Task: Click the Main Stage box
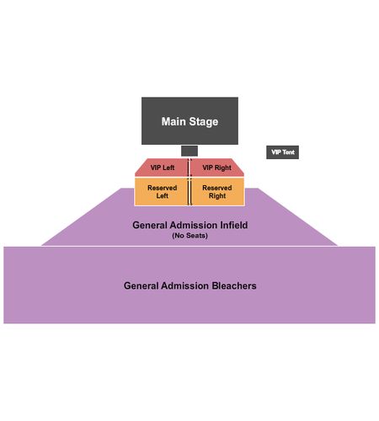pyautogui.click(x=189, y=120)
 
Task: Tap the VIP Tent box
pyautogui.click(x=282, y=152)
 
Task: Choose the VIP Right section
pyautogui.click(x=217, y=168)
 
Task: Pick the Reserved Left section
pyautogui.click(x=161, y=192)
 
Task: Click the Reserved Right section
pyautogui.click(x=218, y=192)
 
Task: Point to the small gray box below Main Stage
pyautogui.click(x=189, y=151)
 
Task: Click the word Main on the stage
pyautogui.click(x=173, y=121)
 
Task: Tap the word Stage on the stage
pyautogui.click(x=204, y=122)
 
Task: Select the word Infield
pyautogui.click(x=234, y=225)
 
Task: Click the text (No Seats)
pyautogui.click(x=190, y=236)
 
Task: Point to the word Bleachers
pyautogui.click(x=234, y=285)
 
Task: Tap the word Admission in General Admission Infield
pyautogui.click(x=194, y=225)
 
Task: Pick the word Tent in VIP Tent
pyautogui.click(x=288, y=152)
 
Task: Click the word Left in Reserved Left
pyautogui.click(x=163, y=195)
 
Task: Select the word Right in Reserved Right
pyautogui.click(x=217, y=196)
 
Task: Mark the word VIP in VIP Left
pyautogui.click(x=156, y=168)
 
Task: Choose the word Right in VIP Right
pyautogui.click(x=223, y=168)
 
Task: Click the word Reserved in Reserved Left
pyautogui.click(x=163, y=188)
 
